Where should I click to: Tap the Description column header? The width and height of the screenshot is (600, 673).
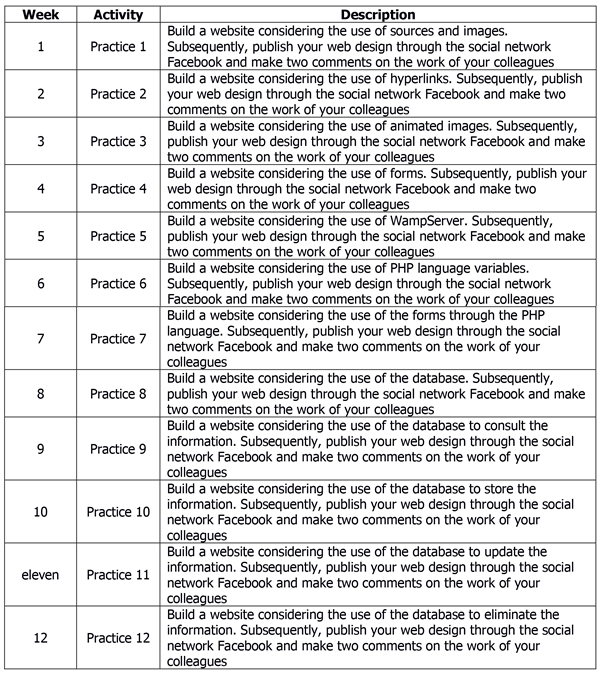[377, 15]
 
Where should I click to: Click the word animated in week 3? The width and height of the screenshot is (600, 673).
[433, 126]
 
